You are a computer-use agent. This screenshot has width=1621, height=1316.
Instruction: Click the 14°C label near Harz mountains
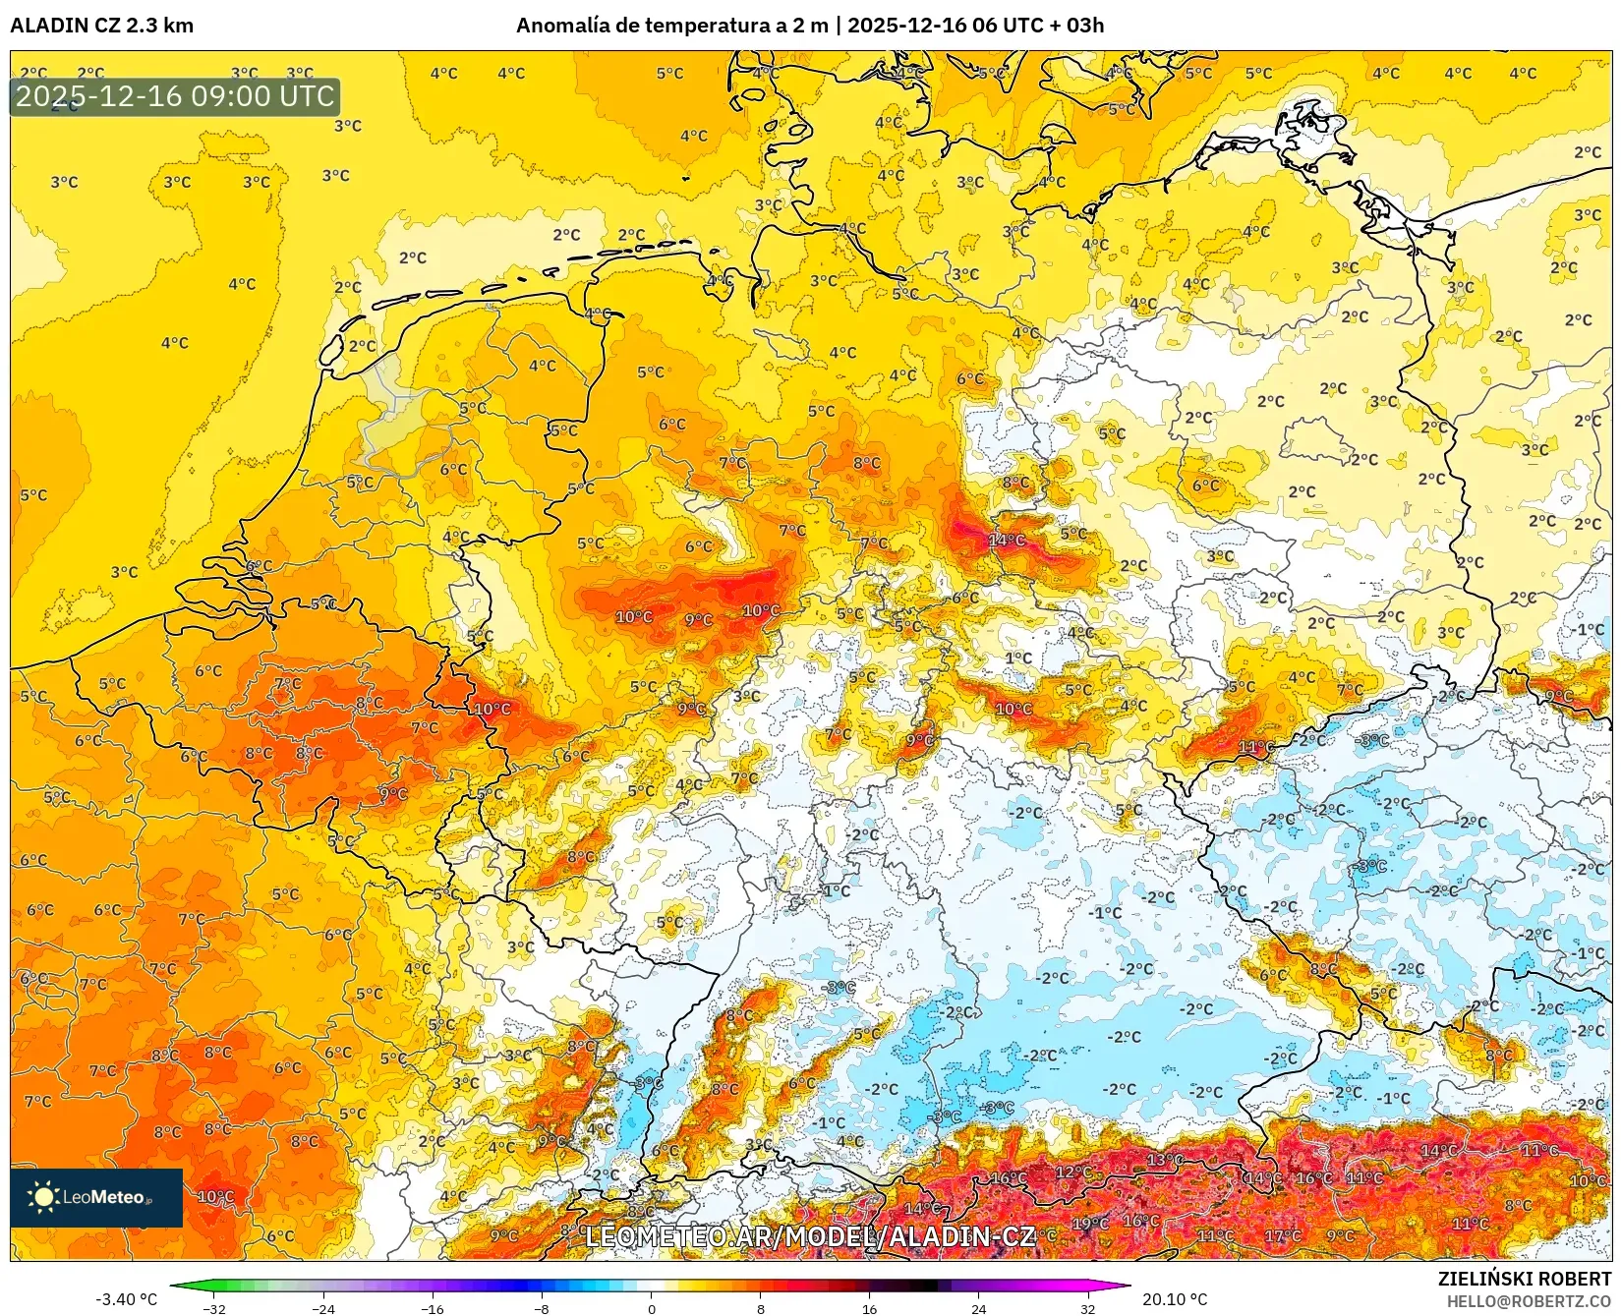coord(1007,540)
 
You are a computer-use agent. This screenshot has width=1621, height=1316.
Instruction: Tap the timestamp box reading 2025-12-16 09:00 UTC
coord(175,96)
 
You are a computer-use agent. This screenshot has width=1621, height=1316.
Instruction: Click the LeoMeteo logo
coord(96,1197)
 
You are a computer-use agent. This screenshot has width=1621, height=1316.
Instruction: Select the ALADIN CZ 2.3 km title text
coord(102,26)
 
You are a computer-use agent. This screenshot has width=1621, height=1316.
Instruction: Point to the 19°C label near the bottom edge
coord(1089,1224)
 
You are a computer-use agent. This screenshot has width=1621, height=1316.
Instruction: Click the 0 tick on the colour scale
coord(651,1308)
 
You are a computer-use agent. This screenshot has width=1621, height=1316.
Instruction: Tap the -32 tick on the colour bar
coord(214,1308)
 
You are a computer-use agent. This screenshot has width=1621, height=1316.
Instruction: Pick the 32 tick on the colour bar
coord(1087,1308)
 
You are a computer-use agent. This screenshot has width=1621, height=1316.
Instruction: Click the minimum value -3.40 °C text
coord(126,1299)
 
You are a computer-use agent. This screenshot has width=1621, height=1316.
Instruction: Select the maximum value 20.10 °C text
coord(1174,1299)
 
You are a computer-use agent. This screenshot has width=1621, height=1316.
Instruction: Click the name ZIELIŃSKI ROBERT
coord(1525,1279)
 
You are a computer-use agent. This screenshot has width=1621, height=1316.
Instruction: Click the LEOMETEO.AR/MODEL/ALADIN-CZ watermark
coord(810,1236)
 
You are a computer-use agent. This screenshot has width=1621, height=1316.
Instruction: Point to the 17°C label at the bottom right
coord(1282,1235)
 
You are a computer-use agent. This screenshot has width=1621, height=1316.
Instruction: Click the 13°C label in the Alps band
coord(1165,1160)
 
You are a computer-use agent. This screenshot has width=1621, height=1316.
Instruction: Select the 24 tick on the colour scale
coord(978,1308)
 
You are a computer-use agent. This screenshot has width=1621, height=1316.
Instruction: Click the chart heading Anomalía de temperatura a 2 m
coord(672,26)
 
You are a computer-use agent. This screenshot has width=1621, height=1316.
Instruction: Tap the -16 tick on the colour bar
coord(433,1308)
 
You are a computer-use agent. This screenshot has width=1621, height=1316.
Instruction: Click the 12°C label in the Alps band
coord(1073,1173)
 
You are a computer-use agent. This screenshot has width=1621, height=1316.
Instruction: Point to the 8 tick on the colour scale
coord(760,1308)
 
